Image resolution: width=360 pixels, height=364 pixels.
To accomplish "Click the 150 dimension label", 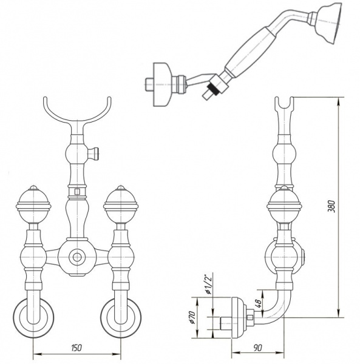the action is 77,348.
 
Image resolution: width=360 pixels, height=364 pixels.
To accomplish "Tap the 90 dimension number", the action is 257,348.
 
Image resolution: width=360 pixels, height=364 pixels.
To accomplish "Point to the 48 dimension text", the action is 259,303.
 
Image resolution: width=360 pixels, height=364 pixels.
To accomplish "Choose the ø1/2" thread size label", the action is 209,284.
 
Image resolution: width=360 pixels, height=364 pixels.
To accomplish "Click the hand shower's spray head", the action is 329,22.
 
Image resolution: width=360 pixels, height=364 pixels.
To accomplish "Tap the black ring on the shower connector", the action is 212,89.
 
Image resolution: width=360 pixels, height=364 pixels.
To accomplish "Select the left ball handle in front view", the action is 33,204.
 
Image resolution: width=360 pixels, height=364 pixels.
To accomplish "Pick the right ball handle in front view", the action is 121,204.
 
